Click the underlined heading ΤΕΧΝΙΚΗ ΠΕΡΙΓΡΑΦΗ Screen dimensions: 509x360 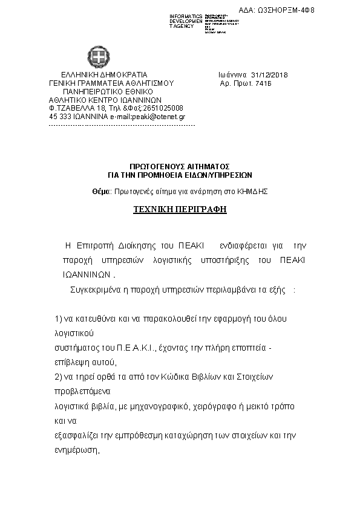click(180, 209)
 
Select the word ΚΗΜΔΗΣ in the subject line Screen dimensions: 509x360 click(254, 190)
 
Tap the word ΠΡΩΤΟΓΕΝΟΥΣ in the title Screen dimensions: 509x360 click(154, 166)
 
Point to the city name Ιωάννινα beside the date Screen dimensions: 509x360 click(234, 75)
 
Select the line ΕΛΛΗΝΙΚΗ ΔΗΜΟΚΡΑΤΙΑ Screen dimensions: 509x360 click(91, 75)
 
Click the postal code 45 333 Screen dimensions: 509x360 click(59, 116)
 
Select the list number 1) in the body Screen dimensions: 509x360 click(59, 319)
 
